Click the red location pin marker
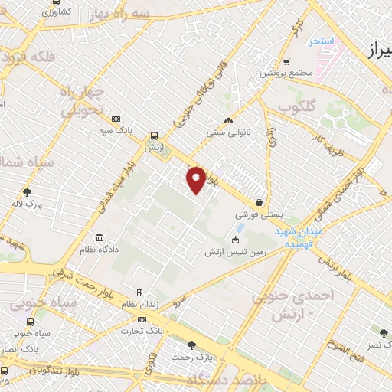coord(196,178)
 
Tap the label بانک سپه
coord(115,131)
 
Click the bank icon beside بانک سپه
coord(116,119)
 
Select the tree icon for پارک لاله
coord(28,192)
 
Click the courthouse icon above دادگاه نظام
coord(99,237)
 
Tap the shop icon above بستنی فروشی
coord(261,203)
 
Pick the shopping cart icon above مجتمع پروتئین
coord(286,61)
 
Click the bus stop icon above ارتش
coord(155,132)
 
